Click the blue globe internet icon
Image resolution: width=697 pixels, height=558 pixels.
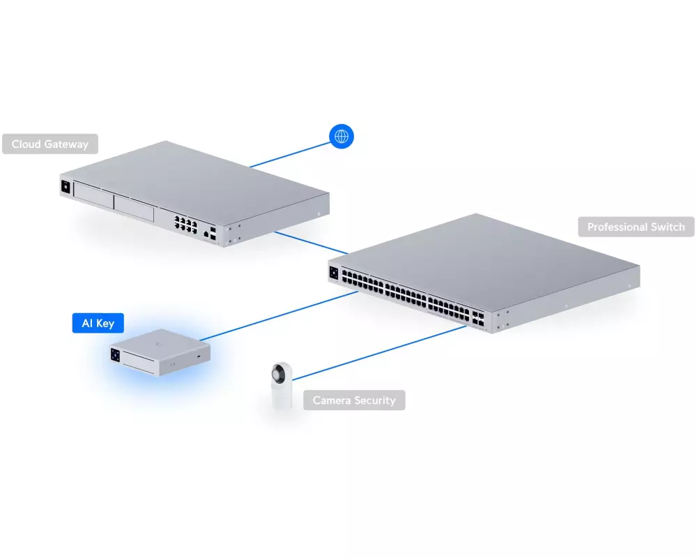coord(342,137)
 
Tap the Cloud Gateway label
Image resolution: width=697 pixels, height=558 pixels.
coord(50,144)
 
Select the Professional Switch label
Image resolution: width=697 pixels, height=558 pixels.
coord(636,227)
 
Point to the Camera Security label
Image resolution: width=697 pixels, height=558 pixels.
coord(354,400)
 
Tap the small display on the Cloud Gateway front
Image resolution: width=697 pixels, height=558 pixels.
coord(66,187)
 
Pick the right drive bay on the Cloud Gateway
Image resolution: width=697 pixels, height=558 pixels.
coord(134,208)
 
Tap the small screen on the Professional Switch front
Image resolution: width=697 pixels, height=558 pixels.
coord(334,272)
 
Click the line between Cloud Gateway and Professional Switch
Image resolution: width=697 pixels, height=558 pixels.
coord(311,242)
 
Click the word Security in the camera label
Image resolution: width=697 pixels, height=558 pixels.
coord(375,400)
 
